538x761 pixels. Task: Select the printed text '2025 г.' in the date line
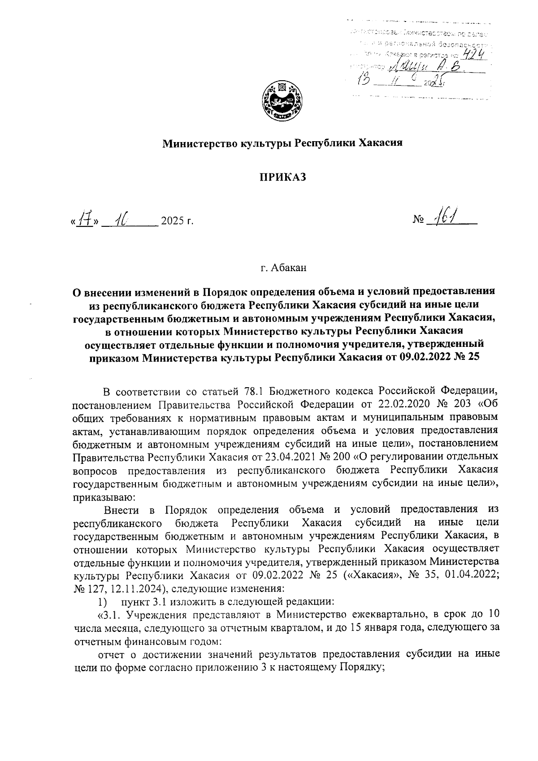[177, 221]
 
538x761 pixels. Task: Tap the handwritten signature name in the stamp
[426, 67]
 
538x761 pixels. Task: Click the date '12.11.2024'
[139, 588]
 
